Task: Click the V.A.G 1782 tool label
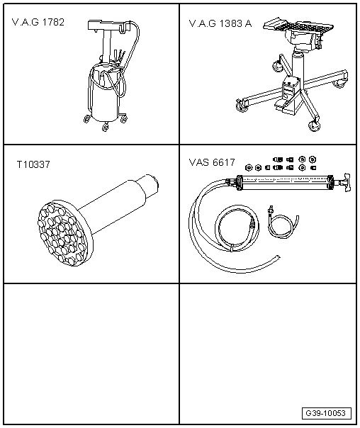38,22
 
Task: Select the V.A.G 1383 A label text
220,23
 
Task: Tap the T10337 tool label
33,164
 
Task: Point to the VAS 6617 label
212,162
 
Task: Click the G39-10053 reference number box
327,413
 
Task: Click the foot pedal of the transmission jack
281,105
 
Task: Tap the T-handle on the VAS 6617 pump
347,182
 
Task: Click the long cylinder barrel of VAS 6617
285,183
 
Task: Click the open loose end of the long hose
278,257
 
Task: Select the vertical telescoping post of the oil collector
108,46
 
